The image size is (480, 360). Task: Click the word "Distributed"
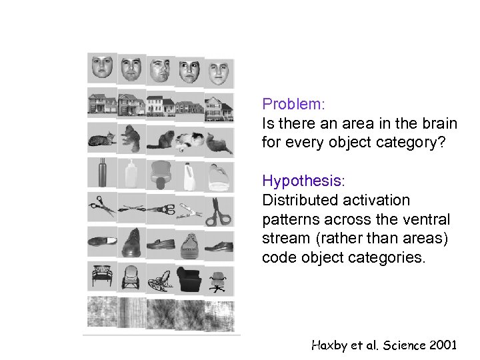click(297, 201)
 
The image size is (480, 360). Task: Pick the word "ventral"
click(430, 219)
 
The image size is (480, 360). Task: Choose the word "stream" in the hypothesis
click(283, 239)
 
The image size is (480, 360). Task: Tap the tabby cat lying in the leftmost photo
click(100, 140)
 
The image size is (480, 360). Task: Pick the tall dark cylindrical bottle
click(102, 173)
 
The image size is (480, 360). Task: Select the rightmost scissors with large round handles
click(218, 211)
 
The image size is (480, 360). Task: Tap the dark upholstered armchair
click(190, 278)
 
